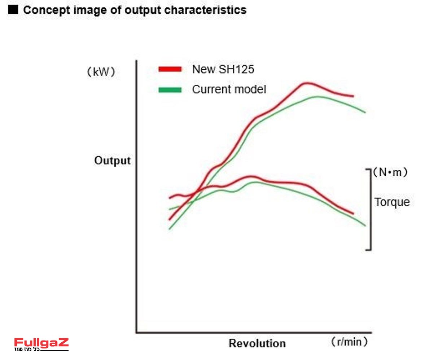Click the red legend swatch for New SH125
click(x=170, y=69)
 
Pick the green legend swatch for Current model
click(x=170, y=90)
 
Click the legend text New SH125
click(x=223, y=69)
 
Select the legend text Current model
click(x=229, y=89)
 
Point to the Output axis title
click(x=112, y=161)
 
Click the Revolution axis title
click(x=257, y=343)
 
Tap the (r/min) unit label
click(x=349, y=342)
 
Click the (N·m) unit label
click(x=391, y=172)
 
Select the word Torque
click(x=392, y=202)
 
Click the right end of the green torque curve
click(x=365, y=225)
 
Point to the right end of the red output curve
click(x=353, y=96)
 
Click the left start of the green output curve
click(x=169, y=229)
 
